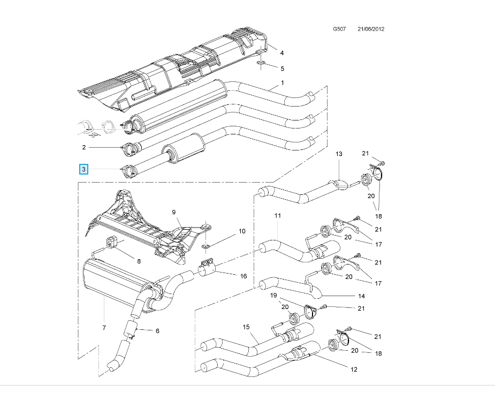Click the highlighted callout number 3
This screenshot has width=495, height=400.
(x=83, y=170)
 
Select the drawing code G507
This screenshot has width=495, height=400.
(x=340, y=29)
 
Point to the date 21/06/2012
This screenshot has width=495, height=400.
(x=371, y=29)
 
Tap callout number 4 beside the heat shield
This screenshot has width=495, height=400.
(x=282, y=52)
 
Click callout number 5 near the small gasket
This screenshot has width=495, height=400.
(x=282, y=68)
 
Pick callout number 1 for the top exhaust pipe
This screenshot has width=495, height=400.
(x=282, y=82)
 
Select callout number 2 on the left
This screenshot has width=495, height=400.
(x=83, y=147)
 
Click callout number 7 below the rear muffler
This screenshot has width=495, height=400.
(x=104, y=327)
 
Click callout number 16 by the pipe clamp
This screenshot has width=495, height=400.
(x=243, y=276)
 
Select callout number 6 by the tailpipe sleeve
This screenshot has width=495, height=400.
(x=157, y=330)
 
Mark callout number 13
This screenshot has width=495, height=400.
(x=338, y=154)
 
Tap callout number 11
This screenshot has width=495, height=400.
(x=277, y=215)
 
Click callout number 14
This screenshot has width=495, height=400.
(x=361, y=296)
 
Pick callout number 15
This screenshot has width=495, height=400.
(x=246, y=327)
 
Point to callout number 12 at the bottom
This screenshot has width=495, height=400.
(x=354, y=369)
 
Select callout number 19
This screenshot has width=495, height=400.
(x=273, y=296)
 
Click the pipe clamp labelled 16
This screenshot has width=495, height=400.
(x=206, y=267)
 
